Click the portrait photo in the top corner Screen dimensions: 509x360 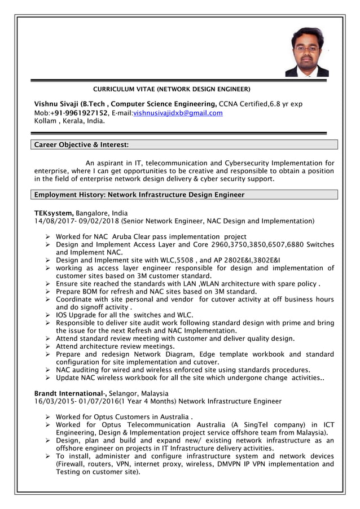[x=306, y=52]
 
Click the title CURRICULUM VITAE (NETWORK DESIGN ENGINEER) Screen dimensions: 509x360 [x=172, y=89]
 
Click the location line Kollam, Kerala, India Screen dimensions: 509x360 [x=69, y=121]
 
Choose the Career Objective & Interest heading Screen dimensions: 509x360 [x=81, y=145]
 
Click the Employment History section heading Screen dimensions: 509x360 [x=139, y=195]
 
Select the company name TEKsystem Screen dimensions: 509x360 [x=54, y=213]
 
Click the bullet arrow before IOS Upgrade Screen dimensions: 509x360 [x=49, y=315]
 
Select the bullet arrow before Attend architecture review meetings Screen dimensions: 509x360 [x=49, y=346]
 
